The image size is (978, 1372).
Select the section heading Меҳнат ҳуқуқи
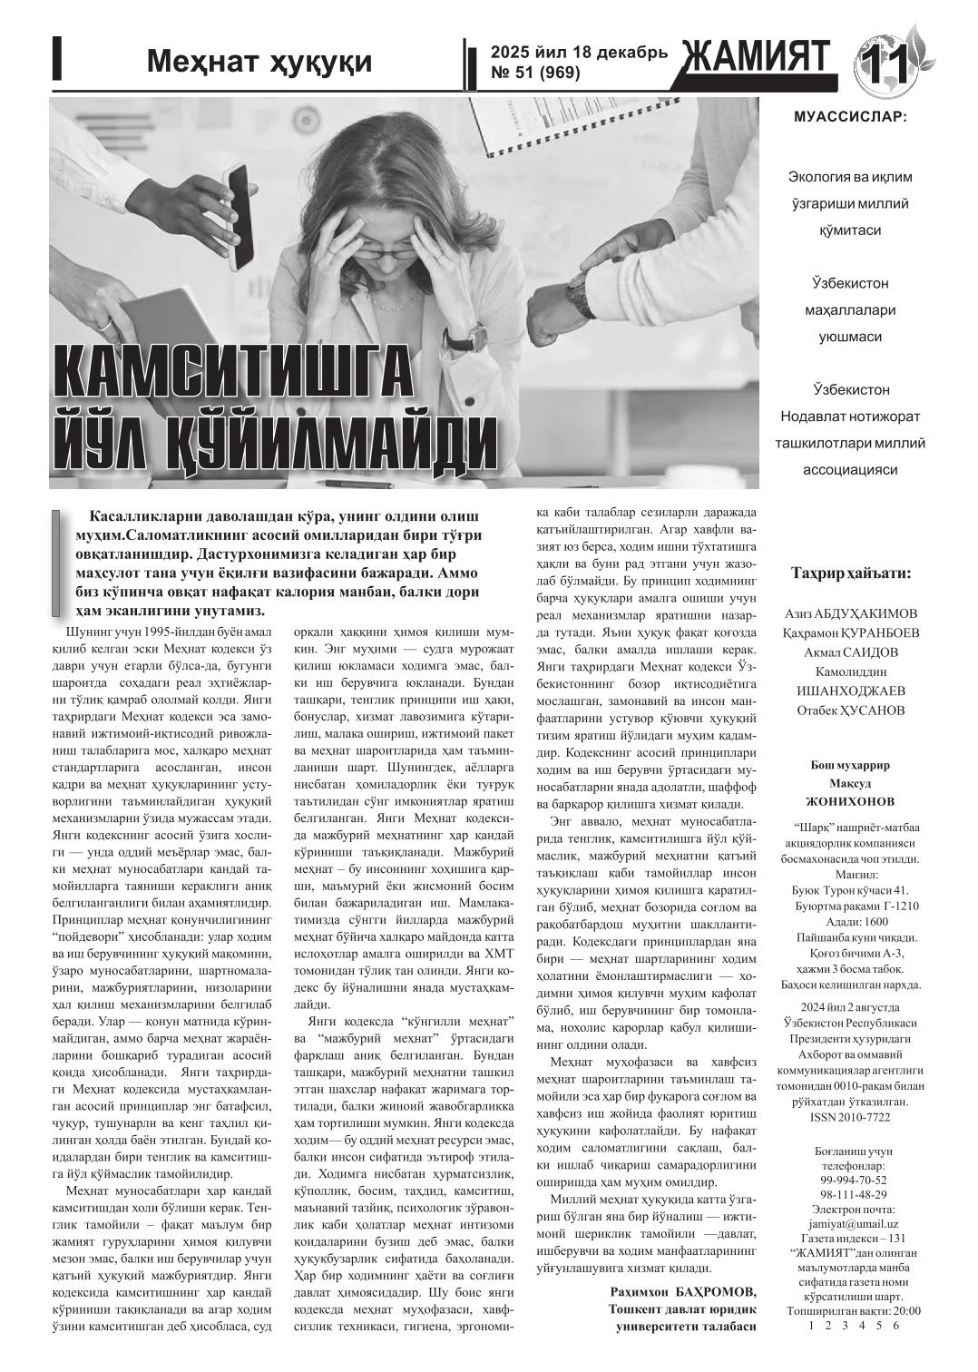click(x=259, y=61)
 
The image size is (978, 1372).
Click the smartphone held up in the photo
click(x=241, y=218)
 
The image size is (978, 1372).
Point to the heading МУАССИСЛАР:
click(x=849, y=117)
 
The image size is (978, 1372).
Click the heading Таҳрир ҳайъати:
click(x=851, y=573)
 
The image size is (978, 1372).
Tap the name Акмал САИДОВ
click(x=851, y=652)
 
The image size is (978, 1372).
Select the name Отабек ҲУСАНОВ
click(x=851, y=710)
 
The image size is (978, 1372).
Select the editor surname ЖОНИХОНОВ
click(x=850, y=801)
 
